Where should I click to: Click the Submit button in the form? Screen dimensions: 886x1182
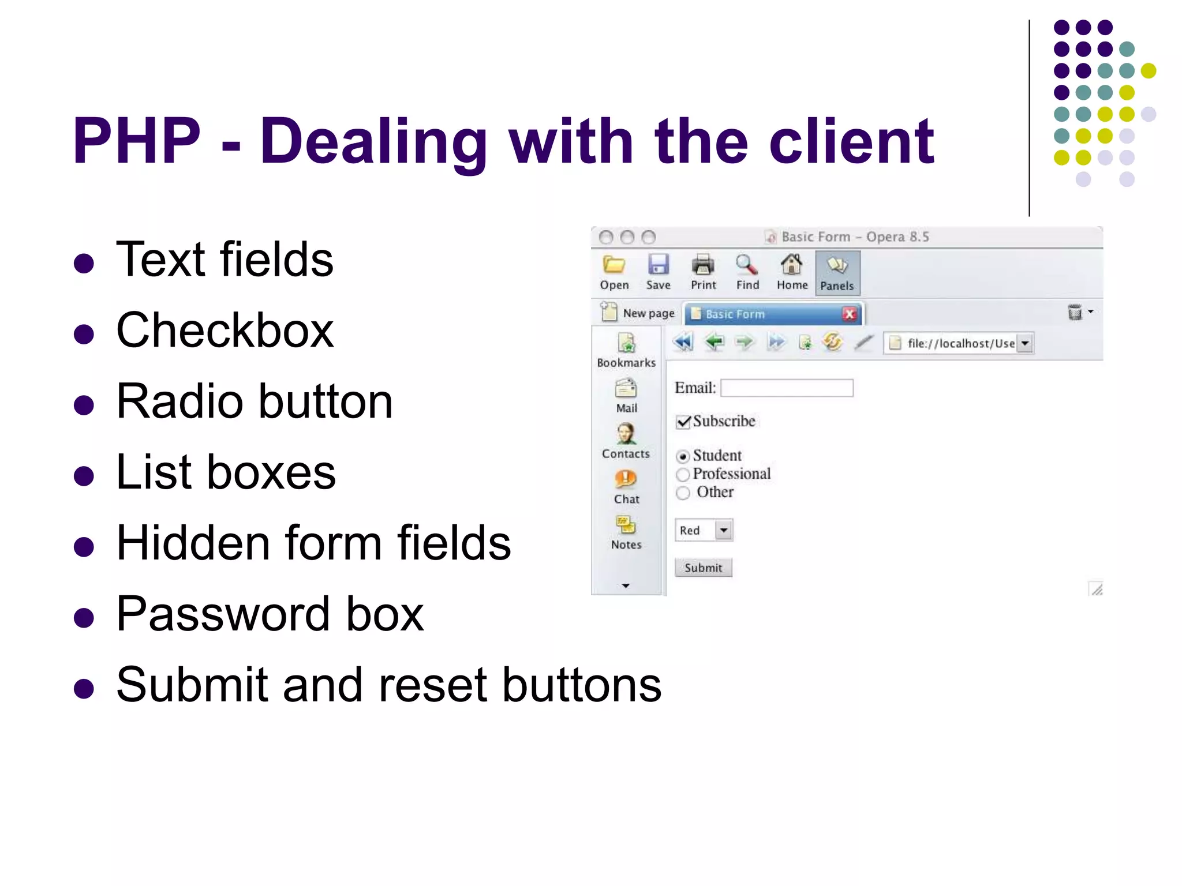click(x=703, y=568)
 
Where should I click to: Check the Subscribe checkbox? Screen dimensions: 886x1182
click(x=683, y=422)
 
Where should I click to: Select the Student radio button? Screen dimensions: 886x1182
click(x=683, y=456)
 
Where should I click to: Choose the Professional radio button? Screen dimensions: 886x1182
click(x=683, y=475)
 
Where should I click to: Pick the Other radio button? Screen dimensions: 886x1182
click(x=683, y=493)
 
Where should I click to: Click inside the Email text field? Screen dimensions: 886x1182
click(x=787, y=388)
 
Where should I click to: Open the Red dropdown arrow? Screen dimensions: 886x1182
click(x=724, y=530)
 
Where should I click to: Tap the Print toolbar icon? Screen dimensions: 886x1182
click(x=703, y=265)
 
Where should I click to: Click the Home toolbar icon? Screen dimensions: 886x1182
click(x=792, y=265)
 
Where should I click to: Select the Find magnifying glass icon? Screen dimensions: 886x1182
click(x=747, y=265)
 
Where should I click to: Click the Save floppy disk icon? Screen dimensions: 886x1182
click(x=658, y=265)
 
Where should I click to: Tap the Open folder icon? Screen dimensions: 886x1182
click(x=614, y=265)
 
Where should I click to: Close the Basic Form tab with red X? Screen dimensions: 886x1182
click(x=849, y=314)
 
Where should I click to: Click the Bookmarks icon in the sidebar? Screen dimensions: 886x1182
click(x=626, y=344)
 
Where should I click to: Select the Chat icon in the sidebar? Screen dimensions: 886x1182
click(x=626, y=479)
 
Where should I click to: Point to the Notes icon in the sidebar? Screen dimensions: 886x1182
click(x=626, y=525)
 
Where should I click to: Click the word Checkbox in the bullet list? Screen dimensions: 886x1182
click(x=225, y=330)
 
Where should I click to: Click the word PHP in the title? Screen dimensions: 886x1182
click(x=136, y=141)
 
